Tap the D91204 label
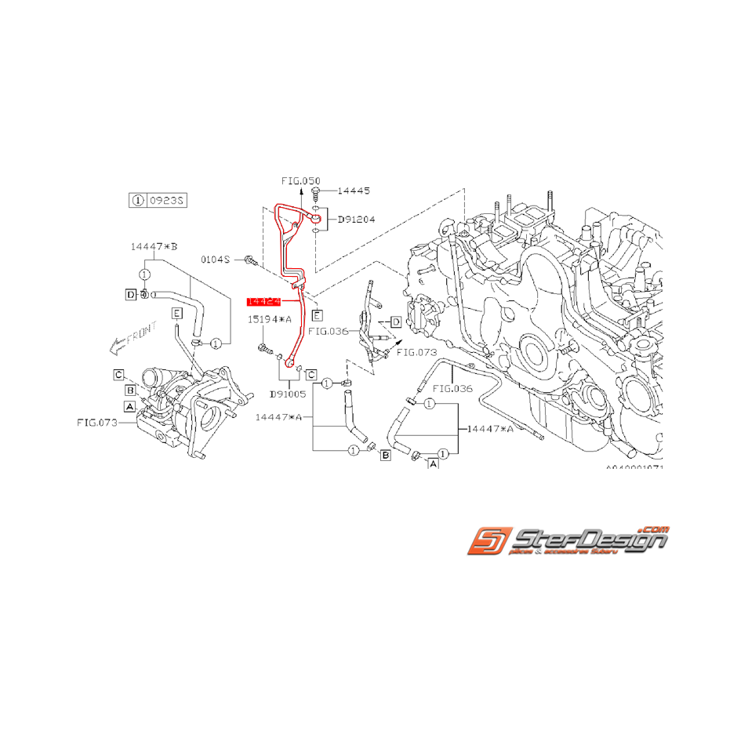click(356, 220)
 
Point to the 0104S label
click(214, 258)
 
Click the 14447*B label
click(154, 246)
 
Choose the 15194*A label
click(270, 320)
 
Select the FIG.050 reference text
click(301, 180)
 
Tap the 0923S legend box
click(157, 201)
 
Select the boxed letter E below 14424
click(317, 315)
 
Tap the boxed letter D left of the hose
click(130, 294)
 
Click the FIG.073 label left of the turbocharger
click(96, 422)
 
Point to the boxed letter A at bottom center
click(432, 465)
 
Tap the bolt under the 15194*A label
click(263, 347)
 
